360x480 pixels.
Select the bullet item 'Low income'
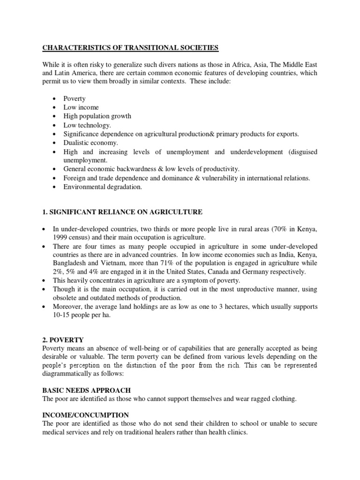pos(81,107)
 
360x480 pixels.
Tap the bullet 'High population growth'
pos(97,116)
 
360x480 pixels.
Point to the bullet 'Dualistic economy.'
pos(91,142)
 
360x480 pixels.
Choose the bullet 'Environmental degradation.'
pos(102,187)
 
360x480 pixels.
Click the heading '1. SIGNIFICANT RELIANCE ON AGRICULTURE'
pos(122,212)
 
